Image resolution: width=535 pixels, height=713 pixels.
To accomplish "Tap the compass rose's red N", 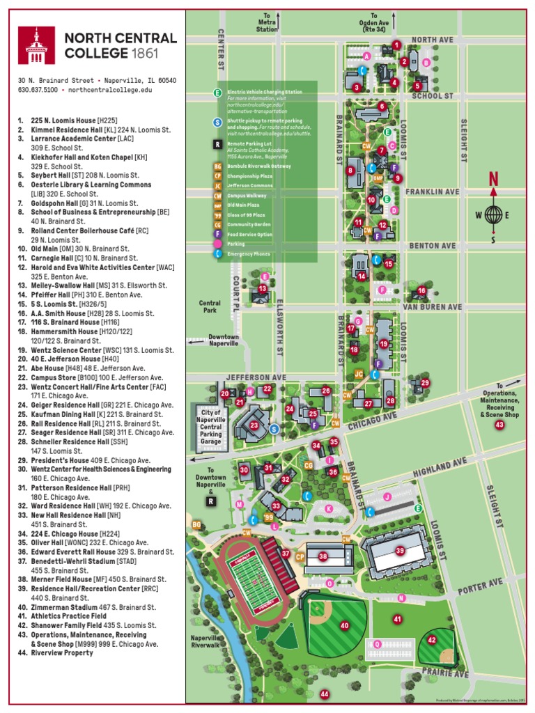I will pyautogui.click(x=493, y=179).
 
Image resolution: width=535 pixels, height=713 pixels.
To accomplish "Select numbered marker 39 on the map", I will pyautogui.click(x=400, y=550).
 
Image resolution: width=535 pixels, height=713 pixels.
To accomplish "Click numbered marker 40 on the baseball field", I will pyautogui.click(x=344, y=625).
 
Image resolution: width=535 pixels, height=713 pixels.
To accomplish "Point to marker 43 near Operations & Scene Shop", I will pyautogui.click(x=499, y=424).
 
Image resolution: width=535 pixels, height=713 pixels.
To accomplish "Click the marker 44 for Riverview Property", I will pyautogui.click(x=324, y=694).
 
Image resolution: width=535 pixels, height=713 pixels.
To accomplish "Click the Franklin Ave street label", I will pyautogui.click(x=433, y=191).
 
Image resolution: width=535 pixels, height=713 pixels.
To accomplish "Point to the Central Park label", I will pyautogui.click(x=210, y=306).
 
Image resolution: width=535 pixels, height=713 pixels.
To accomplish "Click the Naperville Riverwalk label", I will pyautogui.click(x=206, y=641).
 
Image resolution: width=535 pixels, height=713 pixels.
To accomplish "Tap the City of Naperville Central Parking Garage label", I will pyautogui.click(x=211, y=427).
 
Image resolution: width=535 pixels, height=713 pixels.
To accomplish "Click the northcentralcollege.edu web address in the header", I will pyautogui.click(x=109, y=90).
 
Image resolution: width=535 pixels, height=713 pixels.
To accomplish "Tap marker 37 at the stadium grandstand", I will pyautogui.click(x=286, y=554).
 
